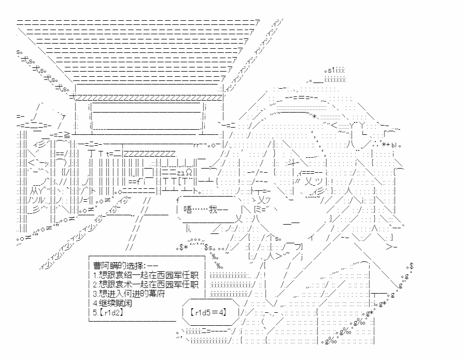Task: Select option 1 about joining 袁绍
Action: pos(146,275)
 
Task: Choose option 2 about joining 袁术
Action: pos(146,284)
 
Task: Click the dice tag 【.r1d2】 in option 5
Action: pos(111,313)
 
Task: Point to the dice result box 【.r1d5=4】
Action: pos(207,313)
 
